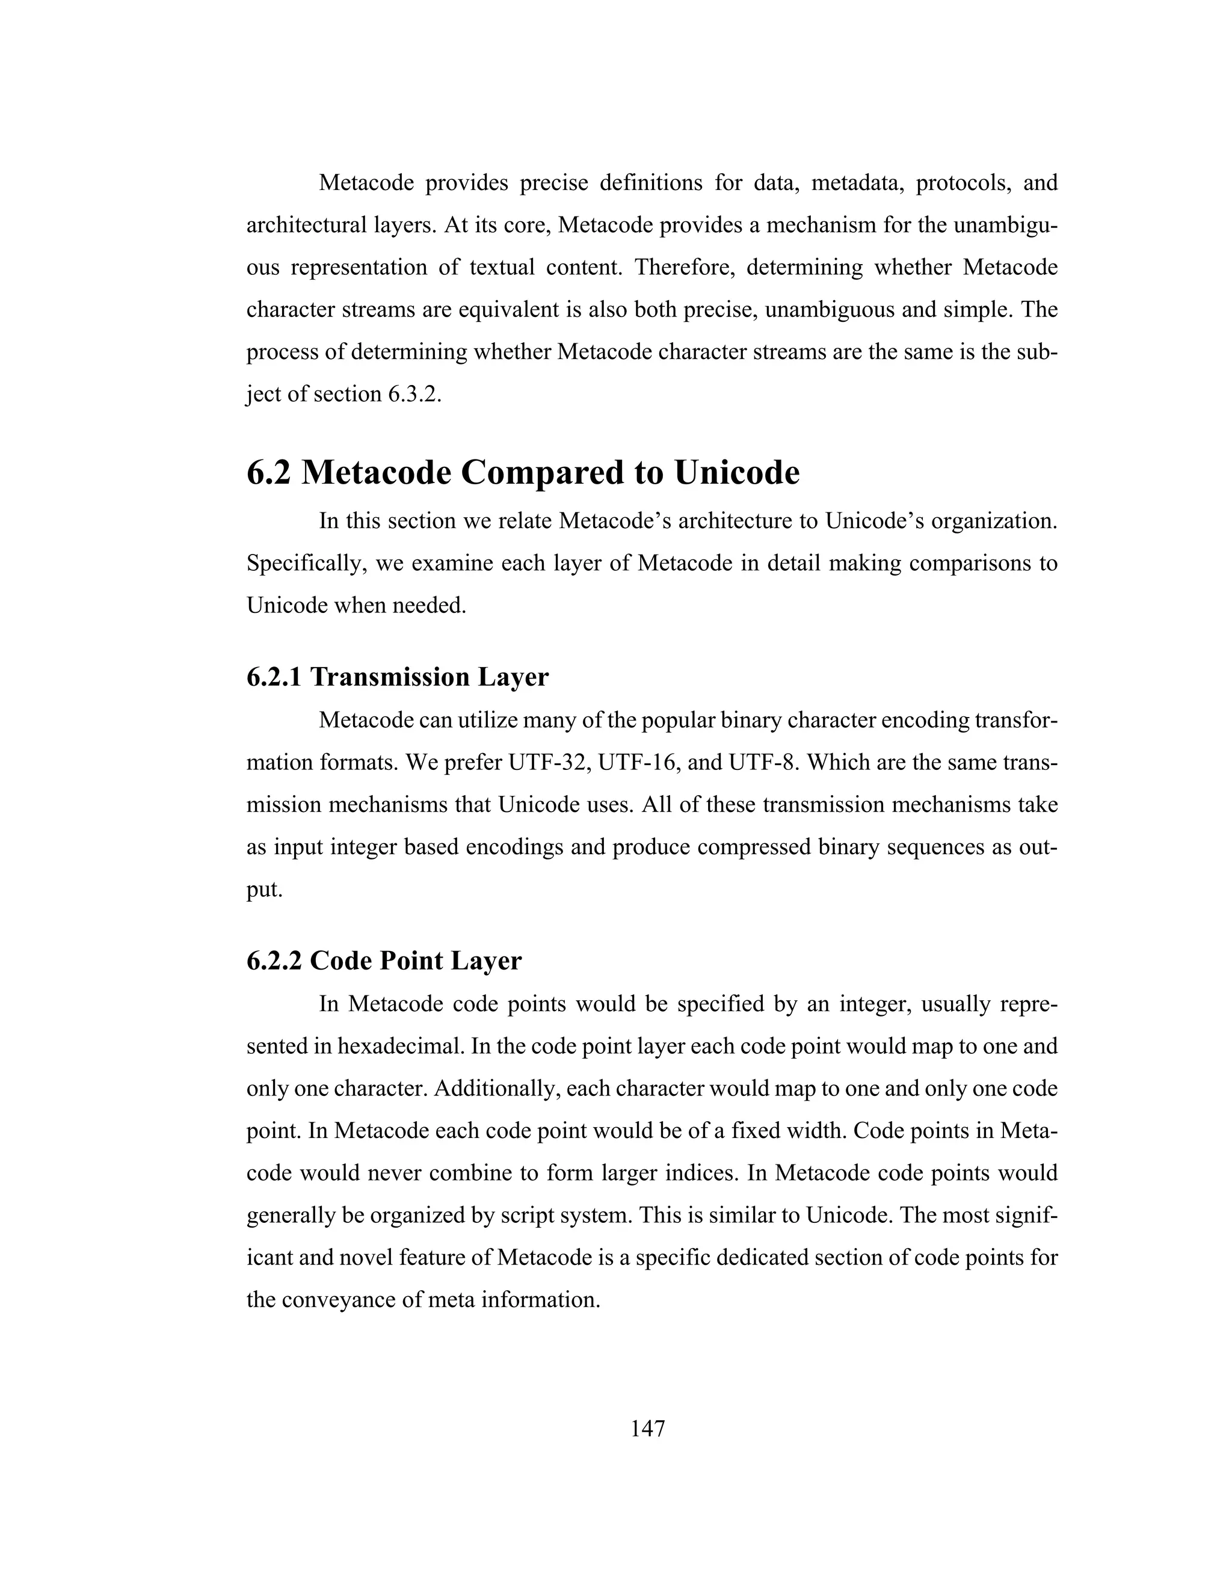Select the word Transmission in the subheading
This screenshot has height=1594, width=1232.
pos(390,677)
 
